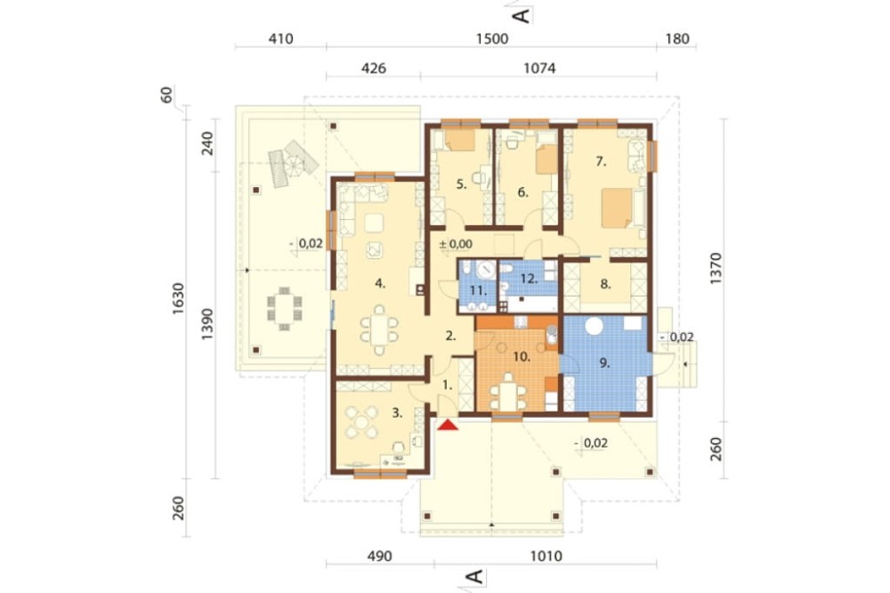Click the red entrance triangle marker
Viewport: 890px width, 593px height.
448,425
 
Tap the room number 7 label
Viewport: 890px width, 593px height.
601,162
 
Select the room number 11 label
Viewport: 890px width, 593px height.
478,291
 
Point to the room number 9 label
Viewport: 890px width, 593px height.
604,363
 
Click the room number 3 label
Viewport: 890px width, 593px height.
397,413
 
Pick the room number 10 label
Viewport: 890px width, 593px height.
522,357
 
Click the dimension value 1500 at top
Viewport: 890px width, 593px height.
492,38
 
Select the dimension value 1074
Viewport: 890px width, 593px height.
539,69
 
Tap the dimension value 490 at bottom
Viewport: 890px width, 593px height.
379,556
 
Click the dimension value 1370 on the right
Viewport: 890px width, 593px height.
716,269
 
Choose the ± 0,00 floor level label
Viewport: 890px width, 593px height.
456,244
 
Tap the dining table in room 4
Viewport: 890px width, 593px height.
379,329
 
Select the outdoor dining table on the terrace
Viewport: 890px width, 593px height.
284,308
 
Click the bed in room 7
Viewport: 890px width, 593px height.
617,207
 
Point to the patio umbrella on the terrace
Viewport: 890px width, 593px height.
294,166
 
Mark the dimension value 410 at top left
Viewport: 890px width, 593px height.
280,38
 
